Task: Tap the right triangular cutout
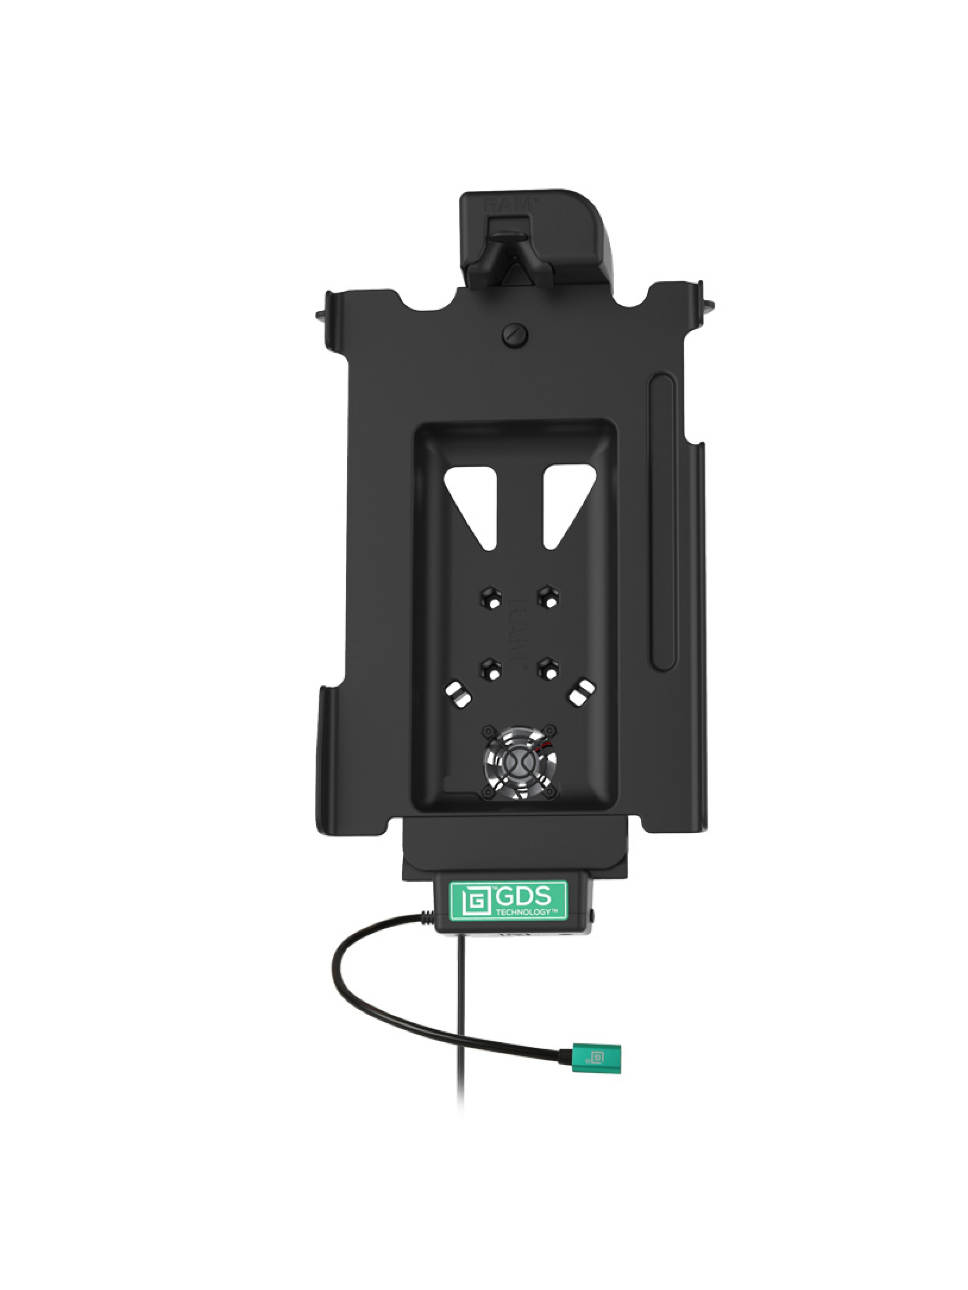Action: click(x=566, y=497)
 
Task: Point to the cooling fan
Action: click(x=519, y=762)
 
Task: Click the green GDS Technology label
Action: click(x=508, y=900)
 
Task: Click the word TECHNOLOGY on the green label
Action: click(x=523, y=911)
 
